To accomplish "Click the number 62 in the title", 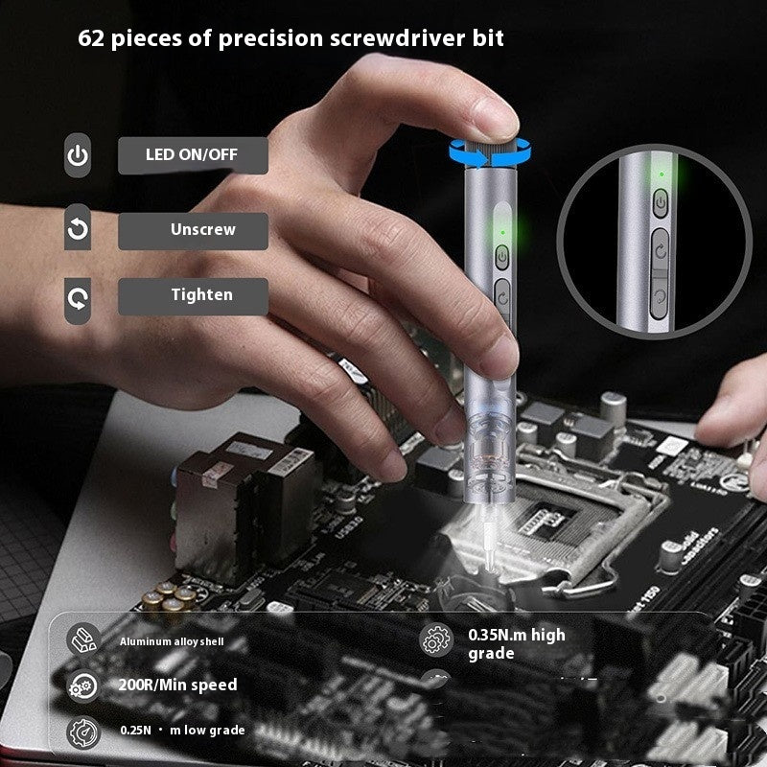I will coord(94,39).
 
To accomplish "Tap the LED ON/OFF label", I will coord(192,154).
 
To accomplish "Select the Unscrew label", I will coord(202,230).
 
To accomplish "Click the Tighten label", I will coord(201,295).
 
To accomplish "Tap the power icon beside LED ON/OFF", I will coord(78,155).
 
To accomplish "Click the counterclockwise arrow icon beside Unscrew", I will coord(78,230).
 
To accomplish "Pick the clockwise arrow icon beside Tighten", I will coord(78,297).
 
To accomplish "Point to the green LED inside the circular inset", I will coord(661,175).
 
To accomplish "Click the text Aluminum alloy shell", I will coord(172,640).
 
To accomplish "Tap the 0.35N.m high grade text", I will coord(516,643).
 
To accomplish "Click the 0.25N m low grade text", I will coord(182,731).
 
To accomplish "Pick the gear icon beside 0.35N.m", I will coord(436,639).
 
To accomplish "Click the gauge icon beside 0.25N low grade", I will coord(82,732).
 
